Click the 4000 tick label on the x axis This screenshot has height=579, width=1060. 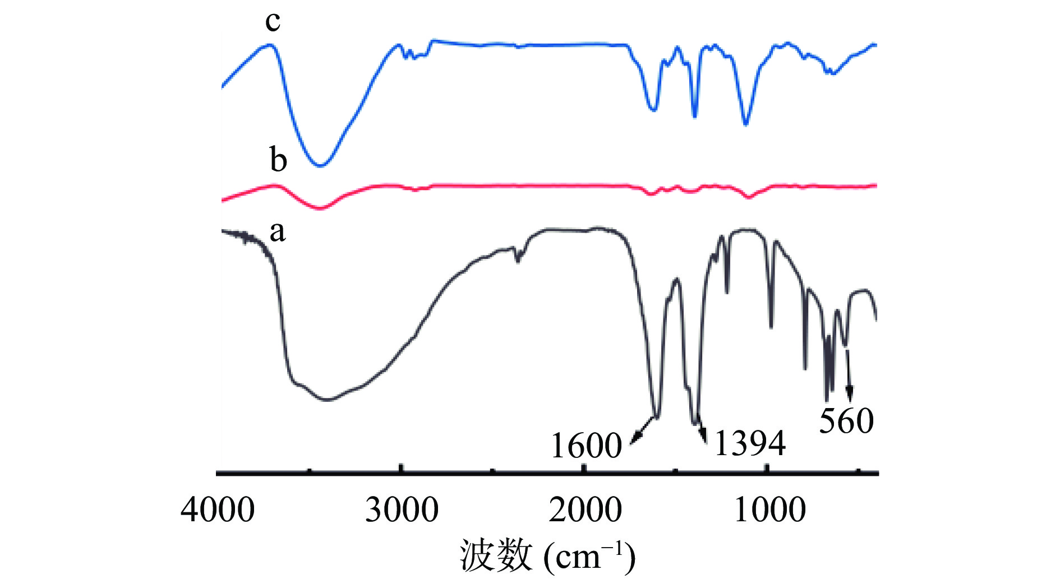tap(218, 510)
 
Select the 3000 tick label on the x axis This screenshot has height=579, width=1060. tap(402, 510)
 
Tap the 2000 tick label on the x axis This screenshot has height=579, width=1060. tap(585, 510)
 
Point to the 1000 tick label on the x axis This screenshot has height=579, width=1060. tap(769, 510)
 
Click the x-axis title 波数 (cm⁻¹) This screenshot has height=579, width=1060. tap(547, 555)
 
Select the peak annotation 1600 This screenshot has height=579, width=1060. tap(586, 446)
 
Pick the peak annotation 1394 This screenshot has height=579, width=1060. tap(750, 443)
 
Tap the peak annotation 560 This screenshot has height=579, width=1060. tap(846, 420)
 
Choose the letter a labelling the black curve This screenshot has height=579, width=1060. tap(277, 231)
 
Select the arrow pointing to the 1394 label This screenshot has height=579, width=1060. tap(702, 432)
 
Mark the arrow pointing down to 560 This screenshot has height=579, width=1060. tap(849, 376)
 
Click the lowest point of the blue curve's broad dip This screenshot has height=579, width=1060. tap(320, 165)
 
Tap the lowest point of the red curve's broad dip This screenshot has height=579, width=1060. tap(320, 209)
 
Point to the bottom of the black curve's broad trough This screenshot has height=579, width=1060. tap(328, 400)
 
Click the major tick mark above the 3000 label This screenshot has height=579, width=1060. tap(400, 469)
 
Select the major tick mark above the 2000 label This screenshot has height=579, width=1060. tap(584, 469)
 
